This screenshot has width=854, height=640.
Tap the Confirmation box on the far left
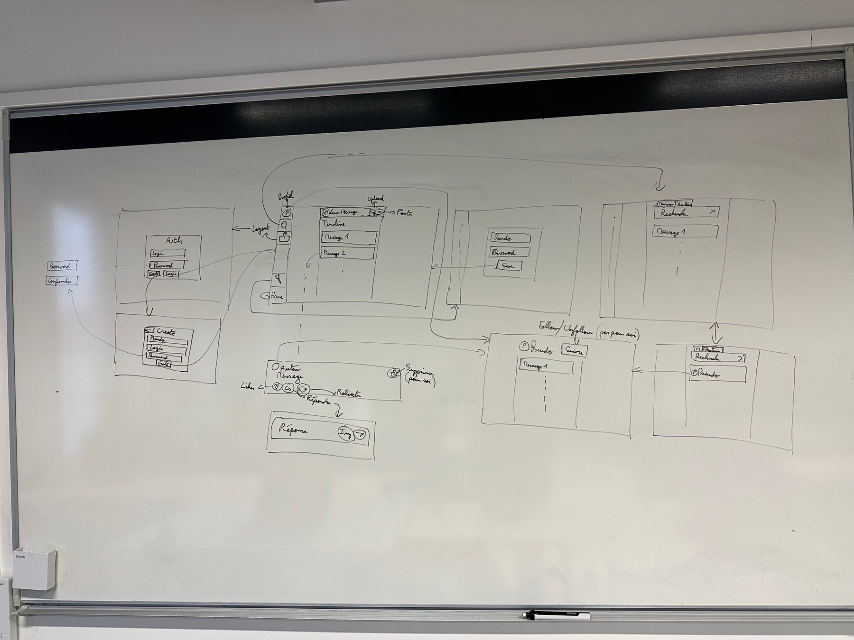click(x=62, y=281)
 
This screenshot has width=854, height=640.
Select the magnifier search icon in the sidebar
click(x=284, y=225)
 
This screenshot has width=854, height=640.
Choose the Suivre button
click(x=575, y=351)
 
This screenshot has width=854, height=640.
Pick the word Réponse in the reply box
click(x=295, y=430)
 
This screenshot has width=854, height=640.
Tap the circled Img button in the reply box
click(x=345, y=433)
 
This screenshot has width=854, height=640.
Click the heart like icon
click(x=277, y=388)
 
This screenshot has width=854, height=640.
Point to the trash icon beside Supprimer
click(x=393, y=374)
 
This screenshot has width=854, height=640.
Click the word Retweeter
click(x=349, y=393)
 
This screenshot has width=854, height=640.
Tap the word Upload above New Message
click(x=375, y=199)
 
